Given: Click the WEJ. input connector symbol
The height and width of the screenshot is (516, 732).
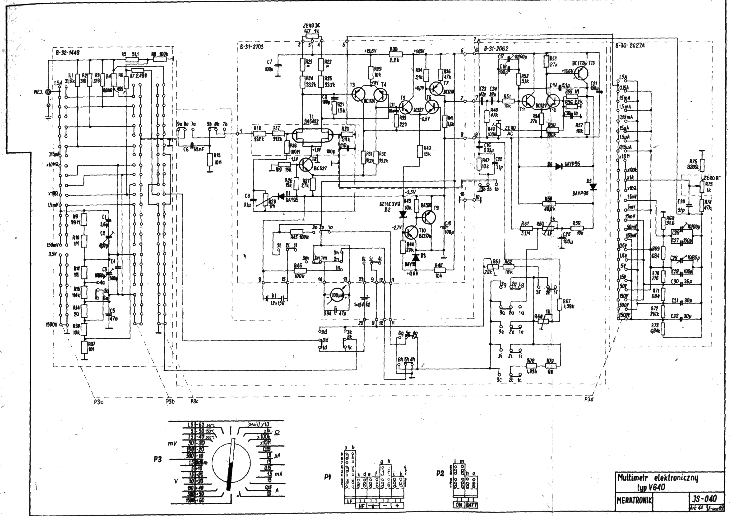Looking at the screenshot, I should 48,92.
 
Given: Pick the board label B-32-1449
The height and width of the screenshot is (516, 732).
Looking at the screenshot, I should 68,53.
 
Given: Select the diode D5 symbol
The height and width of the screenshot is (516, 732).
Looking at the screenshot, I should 593,187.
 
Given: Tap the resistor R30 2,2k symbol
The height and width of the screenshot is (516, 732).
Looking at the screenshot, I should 396,55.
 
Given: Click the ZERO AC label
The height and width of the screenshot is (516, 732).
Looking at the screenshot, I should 510,130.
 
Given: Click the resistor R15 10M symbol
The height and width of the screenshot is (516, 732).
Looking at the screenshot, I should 209,160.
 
